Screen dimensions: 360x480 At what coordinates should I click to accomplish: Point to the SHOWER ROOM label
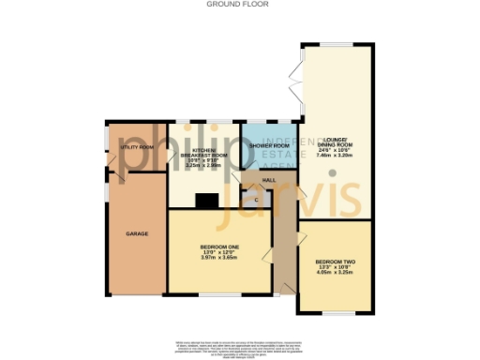point(267,147)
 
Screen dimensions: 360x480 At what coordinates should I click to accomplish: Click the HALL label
point(268,179)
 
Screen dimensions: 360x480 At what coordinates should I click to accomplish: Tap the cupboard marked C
point(256,199)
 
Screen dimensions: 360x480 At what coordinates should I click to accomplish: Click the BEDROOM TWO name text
point(334,261)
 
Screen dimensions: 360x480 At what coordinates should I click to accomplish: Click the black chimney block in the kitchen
point(205,200)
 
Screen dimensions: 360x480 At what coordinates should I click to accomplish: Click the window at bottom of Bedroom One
point(221,294)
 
